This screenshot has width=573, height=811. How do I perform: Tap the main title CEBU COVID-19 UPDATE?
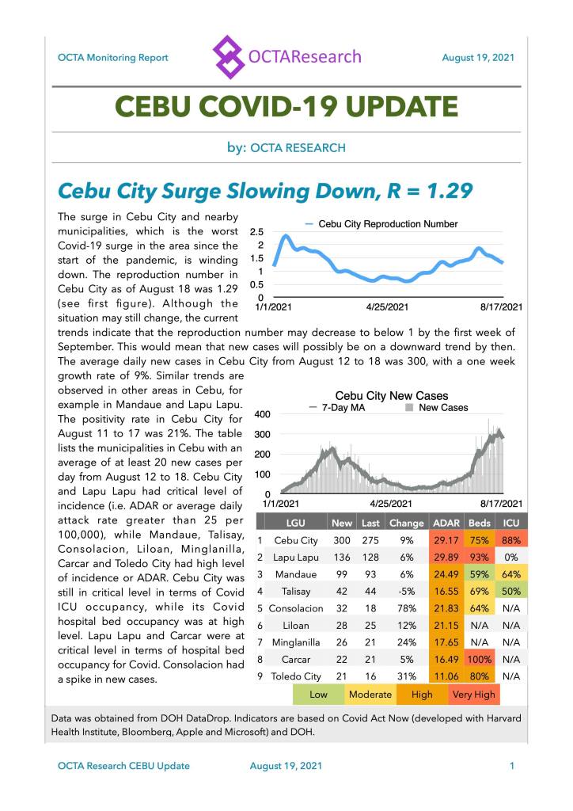(x=286, y=107)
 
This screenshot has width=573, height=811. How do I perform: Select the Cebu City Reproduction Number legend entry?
(x=381, y=224)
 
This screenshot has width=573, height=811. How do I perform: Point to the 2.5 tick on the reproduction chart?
(x=257, y=232)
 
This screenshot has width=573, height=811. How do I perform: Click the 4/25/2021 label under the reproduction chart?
(x=388, y=307)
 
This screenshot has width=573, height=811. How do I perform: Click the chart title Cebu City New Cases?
(x=391, y=395)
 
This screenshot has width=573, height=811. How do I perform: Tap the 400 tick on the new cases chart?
(x=264, y=414)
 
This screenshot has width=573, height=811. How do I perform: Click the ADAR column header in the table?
(x=445, y=523)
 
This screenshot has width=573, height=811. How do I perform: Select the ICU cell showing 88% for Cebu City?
(x=510, y=540)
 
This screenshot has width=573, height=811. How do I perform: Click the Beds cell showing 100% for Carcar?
(x=477, y=659)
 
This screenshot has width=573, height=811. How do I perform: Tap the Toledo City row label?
(x=295, y=676)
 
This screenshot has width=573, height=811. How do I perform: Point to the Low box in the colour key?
(x=318, y=695)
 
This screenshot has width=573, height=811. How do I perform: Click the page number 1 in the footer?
(x=512, y=766)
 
